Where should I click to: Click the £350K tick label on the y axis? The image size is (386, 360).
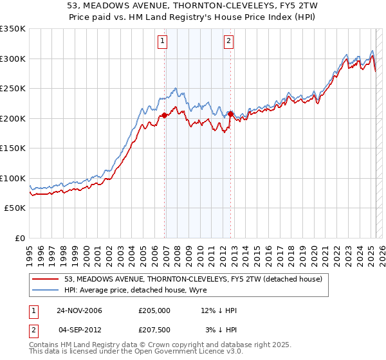click(x=13, y=29)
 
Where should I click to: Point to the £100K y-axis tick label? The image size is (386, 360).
click(x=13, y=178)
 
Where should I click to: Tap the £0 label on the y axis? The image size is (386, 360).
click(x=21, y=238)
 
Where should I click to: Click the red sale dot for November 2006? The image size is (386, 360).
click(x=165, y=115)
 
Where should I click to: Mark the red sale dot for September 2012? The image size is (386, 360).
click(x=230, y=114)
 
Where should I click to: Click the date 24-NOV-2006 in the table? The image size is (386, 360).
click(x=79, y=310)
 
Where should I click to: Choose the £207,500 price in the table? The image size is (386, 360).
click(x=154, y=329)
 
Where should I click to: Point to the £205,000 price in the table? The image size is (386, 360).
click(x=154, y=310)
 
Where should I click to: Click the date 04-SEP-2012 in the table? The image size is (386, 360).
click(x=79, y=329)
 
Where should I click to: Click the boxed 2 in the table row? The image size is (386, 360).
click(x=34, y=329)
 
